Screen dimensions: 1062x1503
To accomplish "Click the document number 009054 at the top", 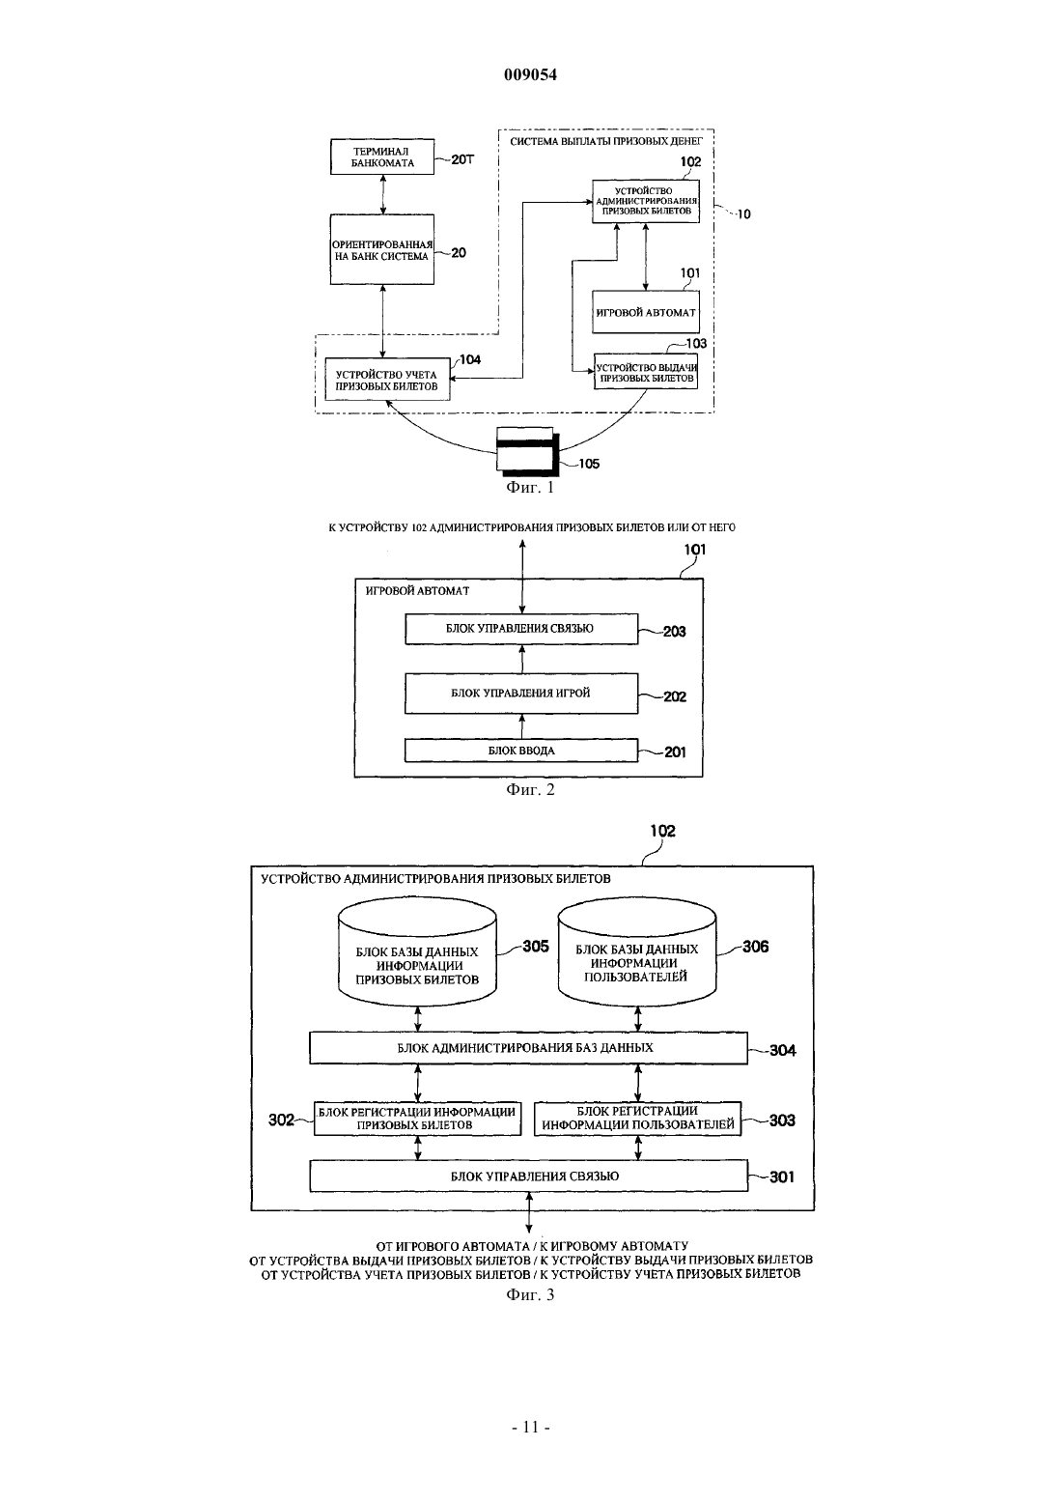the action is tap(530, 74).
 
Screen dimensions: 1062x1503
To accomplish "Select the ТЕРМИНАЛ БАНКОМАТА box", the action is tap(382, 157).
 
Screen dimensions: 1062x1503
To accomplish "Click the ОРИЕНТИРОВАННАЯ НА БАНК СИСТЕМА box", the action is tap(382, 249).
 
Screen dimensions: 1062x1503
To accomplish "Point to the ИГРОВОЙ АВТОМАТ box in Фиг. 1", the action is tap(646, 312).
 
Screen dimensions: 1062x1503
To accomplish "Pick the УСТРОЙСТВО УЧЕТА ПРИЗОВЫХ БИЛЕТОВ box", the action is tap(387, 380).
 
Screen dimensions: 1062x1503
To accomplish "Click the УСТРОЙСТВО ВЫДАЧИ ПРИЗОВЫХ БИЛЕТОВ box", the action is tap(646, 372).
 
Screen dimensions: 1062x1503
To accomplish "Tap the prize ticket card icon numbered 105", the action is tap(528, 449).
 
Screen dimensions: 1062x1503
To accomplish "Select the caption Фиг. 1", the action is tap(530, 488).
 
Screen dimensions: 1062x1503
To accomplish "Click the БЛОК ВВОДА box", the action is tap(521, 751).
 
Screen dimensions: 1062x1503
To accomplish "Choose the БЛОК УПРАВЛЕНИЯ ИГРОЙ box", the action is tap(521, 694).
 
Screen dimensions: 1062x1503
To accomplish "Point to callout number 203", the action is tap(675, 632).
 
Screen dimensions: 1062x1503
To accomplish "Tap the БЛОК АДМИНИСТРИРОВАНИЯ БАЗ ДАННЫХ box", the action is tap(528, 1048).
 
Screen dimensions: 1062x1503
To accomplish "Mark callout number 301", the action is tap(782, 1177).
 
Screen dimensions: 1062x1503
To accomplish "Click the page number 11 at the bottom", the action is tap(530, 1428).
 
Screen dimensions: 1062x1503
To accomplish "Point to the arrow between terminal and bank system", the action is tap(383, 194).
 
